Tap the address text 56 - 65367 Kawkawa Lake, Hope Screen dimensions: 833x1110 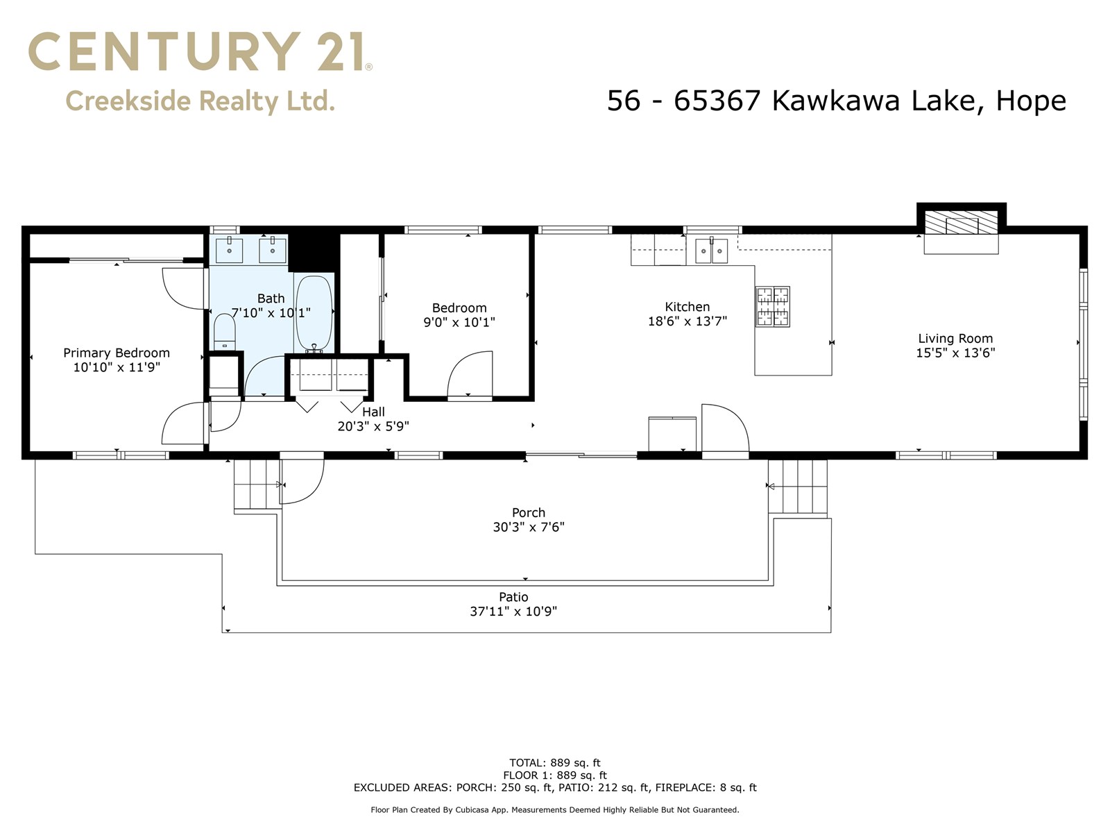pyautogui.click(x=836, y=101)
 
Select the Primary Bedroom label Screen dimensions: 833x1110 pyautogui.click(x=117, y=353)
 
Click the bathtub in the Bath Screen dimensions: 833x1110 pyautogui.click(x=314, y=312)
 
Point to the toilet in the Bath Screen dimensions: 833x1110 pyautogui.click(x=224, y=333)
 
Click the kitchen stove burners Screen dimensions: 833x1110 pyautogui.click(x=773, y=306)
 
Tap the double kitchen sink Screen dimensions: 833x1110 pyautogui.click(x=711, y=251)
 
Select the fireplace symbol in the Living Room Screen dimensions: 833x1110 pyautogui.click(x=961, y=226)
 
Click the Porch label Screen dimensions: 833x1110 pyautogui.click(x=529, y=513)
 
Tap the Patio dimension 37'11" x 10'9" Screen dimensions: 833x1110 pyautogui.click(x=513, y=612)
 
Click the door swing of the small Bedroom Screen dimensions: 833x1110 pyautogui.click(x=470, y=375)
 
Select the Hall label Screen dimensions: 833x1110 pyautogui.click(x=373, y=412)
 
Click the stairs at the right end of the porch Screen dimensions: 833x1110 pyautogui.click(x=798, y=487)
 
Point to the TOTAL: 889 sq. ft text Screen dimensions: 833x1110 pyautogui.click(x=554, y=763)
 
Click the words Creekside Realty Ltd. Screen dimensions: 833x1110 pyautogui.click(x=200, y=101)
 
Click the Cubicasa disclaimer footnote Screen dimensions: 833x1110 pyautogui.click(x=554, y=810)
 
